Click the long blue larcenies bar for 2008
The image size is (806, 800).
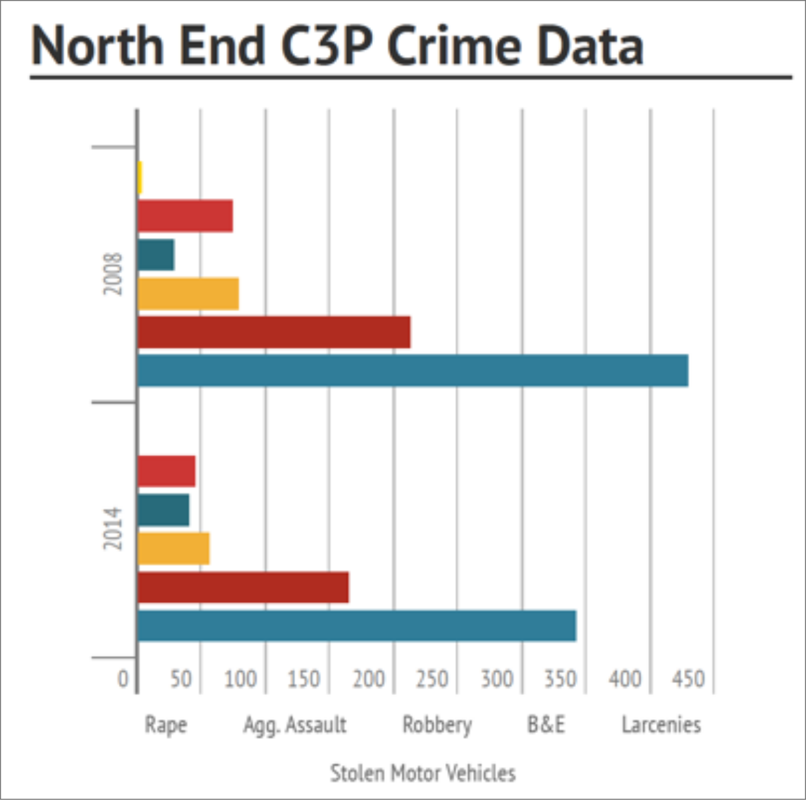pyautogui.click(x=412, y=371)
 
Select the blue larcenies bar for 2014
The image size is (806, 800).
pyautogui.click(x=357, y=626)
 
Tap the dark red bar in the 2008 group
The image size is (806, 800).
pyautogui.click(x=274, y=332)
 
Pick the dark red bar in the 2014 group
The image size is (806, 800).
pyautogui.click(x=243, y=587)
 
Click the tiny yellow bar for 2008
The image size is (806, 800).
pyautogui.click(x=140, y=178)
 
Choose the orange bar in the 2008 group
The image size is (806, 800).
pyautogui.click(x=188, y=294)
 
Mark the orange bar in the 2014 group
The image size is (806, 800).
pyautogui.click(x=173, y=548)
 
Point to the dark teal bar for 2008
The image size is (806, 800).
pyautogui.click(x=156, y=255)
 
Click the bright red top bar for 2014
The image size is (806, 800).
pyautogui.click(x=166, y=471)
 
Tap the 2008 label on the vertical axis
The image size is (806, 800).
pyautogui.click(x=113, y=274)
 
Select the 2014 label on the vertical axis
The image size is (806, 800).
pyautogui.click(x=113, y=528)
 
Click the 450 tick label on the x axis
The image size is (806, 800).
pyautogui.click(x=688, y=679)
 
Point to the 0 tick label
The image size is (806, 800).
pyautogui.click(x=123, y=679)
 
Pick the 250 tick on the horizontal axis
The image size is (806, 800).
pyautogui.click(x=432, y=679)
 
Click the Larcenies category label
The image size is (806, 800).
pyautogui.click(x=661, y=725)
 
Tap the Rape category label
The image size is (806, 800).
pyautogui.click(x=166, y=725)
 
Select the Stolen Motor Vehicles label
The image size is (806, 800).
pyautogui.click(x=423, y=773)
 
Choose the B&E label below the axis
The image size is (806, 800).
pyautogui.click(x=546, y=725)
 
